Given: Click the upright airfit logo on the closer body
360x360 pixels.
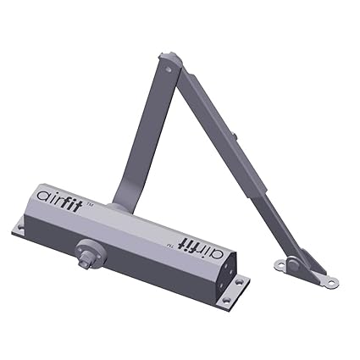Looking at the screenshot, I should [68, 194].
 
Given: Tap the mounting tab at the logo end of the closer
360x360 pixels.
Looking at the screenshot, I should [21, 227].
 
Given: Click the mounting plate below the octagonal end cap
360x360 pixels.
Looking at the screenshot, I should [232, 293].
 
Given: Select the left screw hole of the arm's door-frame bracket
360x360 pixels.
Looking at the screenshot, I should [281, 268].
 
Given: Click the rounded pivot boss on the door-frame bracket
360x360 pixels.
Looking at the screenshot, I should [292, 264].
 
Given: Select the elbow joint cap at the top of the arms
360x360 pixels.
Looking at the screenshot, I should [170, 62].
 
